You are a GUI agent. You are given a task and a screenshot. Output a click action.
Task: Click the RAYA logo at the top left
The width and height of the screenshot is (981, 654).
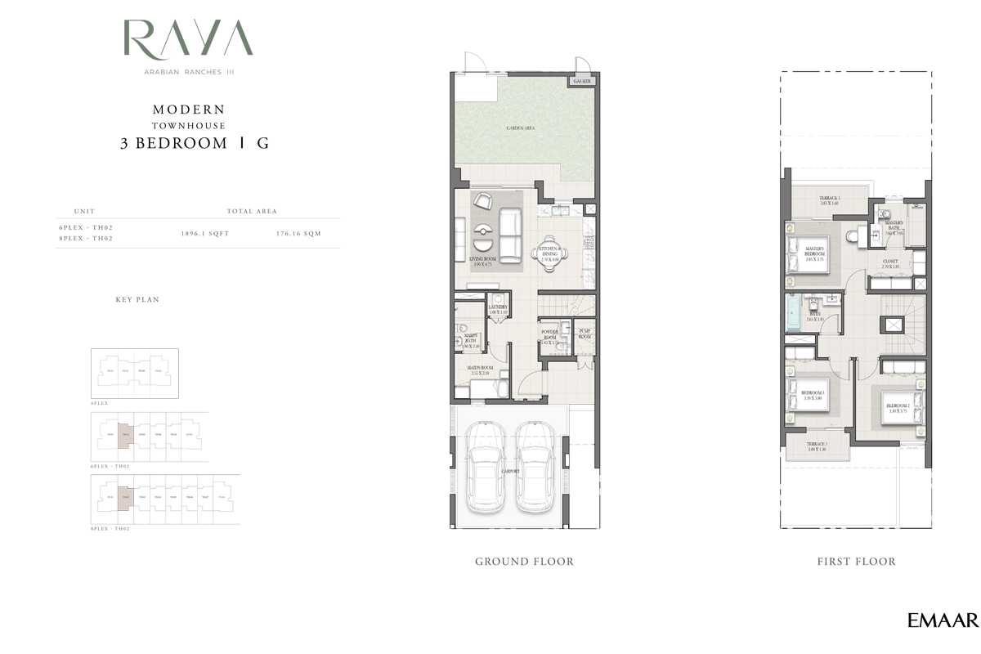[x=188, y=39]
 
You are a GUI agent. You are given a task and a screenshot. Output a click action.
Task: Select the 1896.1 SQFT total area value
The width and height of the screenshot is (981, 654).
[x=205, y=234]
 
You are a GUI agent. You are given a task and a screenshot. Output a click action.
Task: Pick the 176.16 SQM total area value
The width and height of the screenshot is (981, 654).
[x=298, y=234]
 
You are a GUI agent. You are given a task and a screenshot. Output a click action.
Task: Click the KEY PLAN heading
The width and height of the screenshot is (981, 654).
[x=137, y=300]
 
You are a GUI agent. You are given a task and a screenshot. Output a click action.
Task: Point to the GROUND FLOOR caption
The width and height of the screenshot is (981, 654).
[x=524, y=562]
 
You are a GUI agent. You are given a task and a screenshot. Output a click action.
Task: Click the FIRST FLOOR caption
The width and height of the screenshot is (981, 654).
[x=856, y=562]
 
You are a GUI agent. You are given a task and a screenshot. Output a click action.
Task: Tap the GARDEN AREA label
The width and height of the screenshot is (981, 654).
[x=521, y=128]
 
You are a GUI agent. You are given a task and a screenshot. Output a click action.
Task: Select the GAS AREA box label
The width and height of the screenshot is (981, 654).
[x=582, y=82]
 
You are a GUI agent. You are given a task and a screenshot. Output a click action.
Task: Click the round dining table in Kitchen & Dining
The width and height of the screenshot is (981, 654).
[x=549, y=253]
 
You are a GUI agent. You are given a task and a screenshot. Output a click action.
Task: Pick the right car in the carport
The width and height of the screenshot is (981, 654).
[x=537, y=468]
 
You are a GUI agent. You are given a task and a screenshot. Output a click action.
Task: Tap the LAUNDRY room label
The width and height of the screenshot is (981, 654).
[x=499, y=309]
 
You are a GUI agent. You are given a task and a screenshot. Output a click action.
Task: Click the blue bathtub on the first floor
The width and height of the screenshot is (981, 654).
[x=795, y=313]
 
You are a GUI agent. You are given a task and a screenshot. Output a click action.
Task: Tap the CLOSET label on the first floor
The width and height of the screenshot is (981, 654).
[x=890, y=263]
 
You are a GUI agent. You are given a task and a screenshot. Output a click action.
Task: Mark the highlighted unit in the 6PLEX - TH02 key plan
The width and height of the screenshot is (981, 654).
[x=124, y=435]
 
